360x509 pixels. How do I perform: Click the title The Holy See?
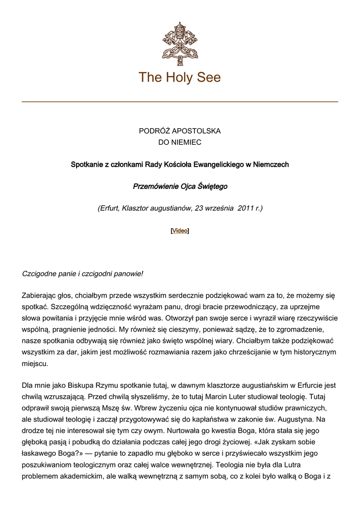point(180,78)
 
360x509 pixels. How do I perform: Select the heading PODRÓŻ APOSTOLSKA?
point(180,131)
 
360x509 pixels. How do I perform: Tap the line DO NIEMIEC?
point(180,142)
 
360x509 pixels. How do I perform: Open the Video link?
point(180,231)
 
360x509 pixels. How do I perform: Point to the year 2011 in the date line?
point(246,208)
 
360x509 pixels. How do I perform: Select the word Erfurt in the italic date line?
point(109,208)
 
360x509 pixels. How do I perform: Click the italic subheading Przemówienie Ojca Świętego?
point(180,186)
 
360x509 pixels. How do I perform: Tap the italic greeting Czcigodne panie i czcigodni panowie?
point(83,274)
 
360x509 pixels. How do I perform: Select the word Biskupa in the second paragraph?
point(73,386)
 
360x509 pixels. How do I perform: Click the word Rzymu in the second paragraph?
point(102,386)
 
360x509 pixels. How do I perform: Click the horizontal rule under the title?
point(180,102)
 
